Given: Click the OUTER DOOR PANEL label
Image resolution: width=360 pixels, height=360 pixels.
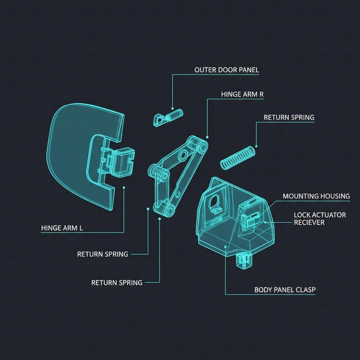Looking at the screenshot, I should [226, 70].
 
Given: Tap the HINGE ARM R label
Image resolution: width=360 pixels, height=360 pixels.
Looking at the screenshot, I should [242, 95].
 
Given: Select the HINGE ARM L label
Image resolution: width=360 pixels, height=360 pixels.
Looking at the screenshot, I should [62, 228].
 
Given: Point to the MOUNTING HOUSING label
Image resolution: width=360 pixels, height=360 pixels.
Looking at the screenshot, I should [316, 196].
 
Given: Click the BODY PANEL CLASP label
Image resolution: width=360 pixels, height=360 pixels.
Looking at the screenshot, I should [285, 290].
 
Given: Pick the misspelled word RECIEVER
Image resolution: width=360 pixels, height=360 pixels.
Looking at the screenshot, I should [309, 223].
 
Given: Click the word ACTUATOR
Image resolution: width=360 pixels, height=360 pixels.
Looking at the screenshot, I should [329, 215].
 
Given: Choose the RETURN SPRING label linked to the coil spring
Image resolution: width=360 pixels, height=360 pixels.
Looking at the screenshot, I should [289, 117].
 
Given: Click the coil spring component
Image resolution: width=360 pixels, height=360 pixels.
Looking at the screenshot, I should [238, 157].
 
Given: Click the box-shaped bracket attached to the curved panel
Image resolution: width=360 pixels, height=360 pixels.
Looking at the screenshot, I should [121, 161].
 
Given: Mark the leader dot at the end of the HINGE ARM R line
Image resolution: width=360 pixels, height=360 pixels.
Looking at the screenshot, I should [207, 137].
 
